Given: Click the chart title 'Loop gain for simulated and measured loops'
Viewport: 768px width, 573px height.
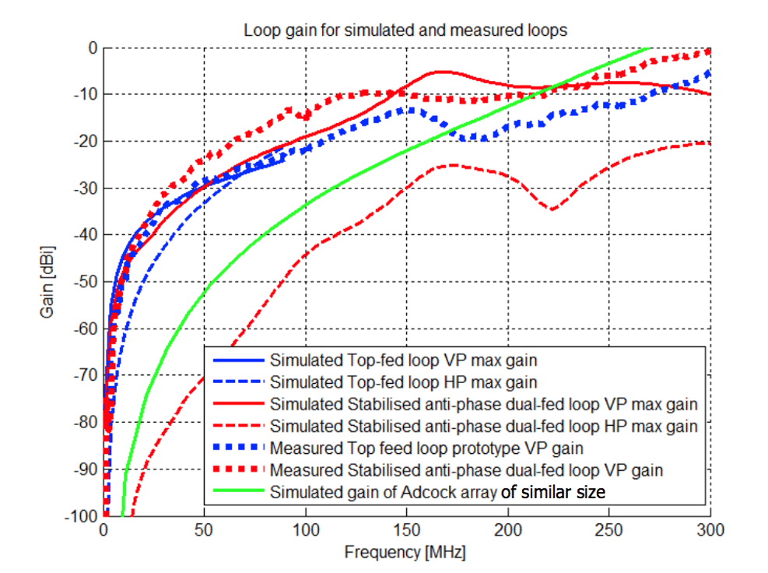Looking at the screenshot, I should [405, 31].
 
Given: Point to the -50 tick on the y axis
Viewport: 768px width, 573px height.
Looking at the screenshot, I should [86, 282].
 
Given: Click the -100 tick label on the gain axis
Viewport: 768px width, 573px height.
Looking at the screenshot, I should [82, 515].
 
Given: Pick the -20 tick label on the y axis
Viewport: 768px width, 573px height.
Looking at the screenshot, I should [86, 141].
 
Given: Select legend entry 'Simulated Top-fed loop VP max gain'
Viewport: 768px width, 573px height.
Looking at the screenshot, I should [403, 360].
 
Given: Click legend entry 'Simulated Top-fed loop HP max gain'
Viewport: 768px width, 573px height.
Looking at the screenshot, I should [403, 382].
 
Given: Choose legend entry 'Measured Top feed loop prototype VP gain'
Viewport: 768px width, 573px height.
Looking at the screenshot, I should [426, 448].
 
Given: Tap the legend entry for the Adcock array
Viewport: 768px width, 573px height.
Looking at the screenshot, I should [437, 492].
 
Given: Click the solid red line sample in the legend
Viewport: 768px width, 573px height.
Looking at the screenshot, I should [237, 404].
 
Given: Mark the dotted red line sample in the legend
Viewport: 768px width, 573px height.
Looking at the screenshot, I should [237, 470].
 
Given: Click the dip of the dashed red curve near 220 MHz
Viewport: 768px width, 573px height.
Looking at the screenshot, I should [552, 209].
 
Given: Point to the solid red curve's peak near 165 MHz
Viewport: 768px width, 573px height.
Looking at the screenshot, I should [441, 72].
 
